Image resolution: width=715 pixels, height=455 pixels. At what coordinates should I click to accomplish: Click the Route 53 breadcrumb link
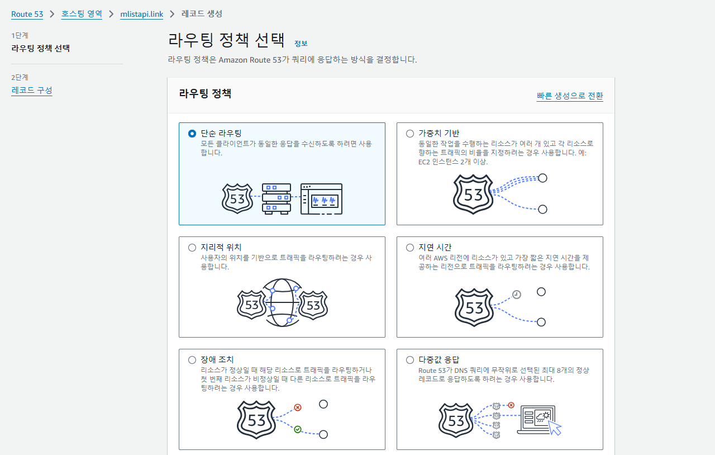(x=27, y=14)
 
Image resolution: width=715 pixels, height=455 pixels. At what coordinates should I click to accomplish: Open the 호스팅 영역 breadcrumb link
(x=82, y=14)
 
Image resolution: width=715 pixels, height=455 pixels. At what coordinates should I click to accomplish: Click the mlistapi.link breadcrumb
(x=142, y=14)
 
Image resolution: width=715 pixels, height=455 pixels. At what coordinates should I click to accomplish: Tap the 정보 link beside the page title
(x=301, y=44)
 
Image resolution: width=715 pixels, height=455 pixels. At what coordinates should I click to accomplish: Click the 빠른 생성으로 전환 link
(x=570, y=96)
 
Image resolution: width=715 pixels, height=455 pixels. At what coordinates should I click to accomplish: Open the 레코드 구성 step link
(x=32, y=90)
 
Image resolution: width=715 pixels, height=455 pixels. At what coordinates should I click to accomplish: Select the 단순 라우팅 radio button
(x=192, y=134)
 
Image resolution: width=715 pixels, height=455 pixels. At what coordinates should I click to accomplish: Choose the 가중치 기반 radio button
(x=410, y=134)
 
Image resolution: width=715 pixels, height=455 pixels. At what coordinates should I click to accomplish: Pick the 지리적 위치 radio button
(x=192, y=248)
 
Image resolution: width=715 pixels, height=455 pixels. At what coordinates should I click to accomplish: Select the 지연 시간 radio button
(x=410, y=248)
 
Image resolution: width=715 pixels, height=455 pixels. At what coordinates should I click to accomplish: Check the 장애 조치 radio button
(x=192, y=360)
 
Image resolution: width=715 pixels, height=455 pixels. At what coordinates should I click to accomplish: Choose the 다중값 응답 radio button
(x=410, y=360)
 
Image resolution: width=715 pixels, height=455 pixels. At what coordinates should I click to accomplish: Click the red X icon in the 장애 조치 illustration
(x=298, y=407)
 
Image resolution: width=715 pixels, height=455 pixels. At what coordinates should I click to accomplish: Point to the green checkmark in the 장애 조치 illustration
(x=298, y=429)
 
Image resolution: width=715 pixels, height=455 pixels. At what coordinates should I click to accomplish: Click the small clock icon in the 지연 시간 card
(x=517, y=294)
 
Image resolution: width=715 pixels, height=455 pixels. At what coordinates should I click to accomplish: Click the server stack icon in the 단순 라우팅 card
(x=277, y=199)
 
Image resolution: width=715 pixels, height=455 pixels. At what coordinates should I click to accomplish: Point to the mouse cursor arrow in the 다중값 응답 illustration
(x=555, y=428)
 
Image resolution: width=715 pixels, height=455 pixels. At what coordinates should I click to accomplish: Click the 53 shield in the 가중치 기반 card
(x=473, y=195)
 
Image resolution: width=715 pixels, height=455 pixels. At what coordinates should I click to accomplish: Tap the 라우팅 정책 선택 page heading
(x=226, y=40)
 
